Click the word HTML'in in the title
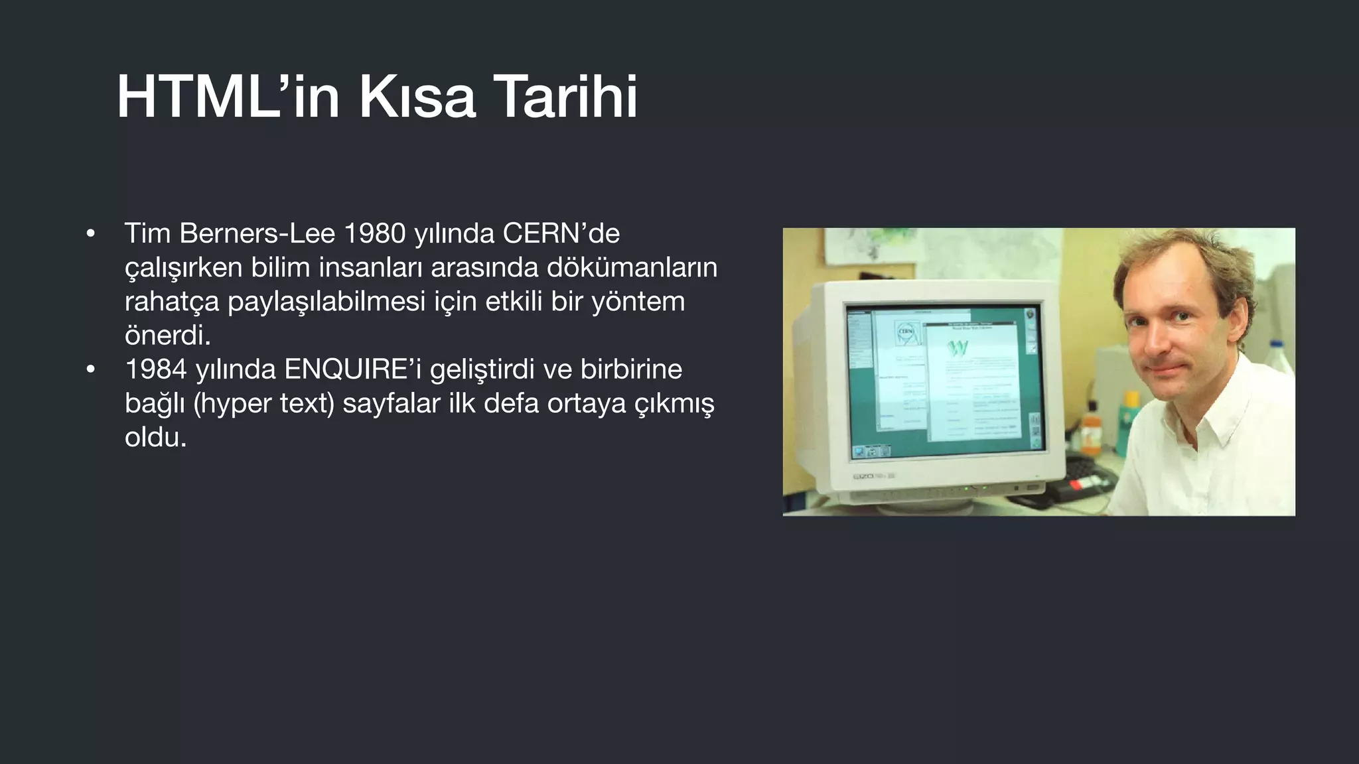coord(228,97)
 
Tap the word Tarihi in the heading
coord(566,97)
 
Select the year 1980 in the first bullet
coord(374,233)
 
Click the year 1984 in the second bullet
coord(155,369)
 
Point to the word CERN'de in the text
coord(561,233)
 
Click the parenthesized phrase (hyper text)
coord(263,403)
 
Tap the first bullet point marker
coord(91,233)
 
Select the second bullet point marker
coord(91,369)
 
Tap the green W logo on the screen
coord(958,348)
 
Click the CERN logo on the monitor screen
coord(906,332)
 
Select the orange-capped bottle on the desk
coord(1090,431)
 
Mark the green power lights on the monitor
coord(975,488)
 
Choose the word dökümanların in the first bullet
coord(632,267)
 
